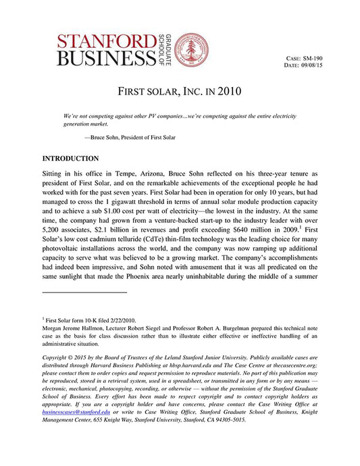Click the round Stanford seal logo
point(192,51)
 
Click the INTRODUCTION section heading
point(70,158)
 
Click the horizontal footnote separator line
point(84,292)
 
